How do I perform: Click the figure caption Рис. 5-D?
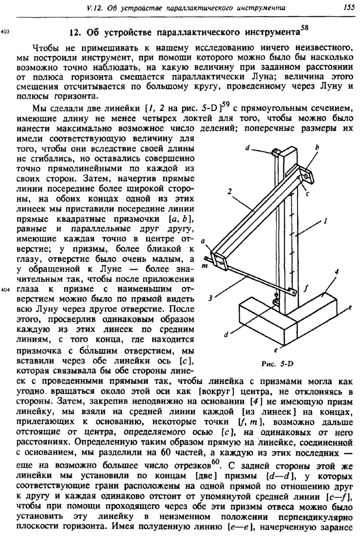277,363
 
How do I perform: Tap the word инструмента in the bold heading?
263,34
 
